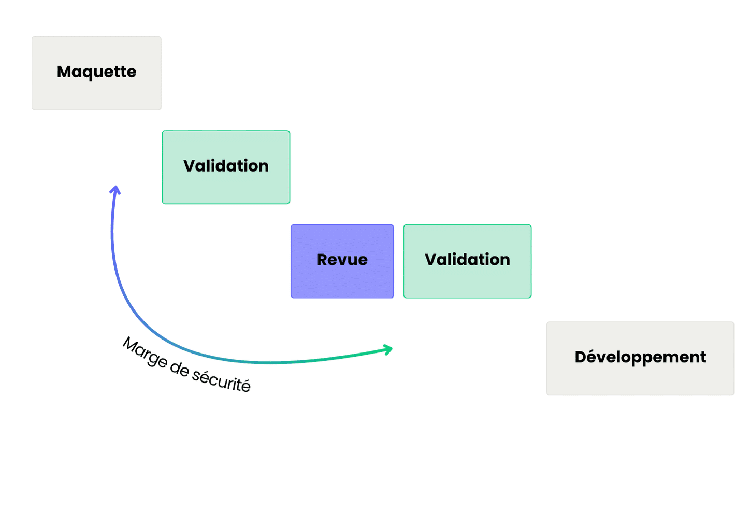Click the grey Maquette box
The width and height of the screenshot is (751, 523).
click(x=96, y=73)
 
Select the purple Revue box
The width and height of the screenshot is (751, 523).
click(x=342, y=261)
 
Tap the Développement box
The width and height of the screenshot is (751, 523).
click(x=640, y=359)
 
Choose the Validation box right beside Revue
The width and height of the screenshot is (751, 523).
click(x=467, y=261)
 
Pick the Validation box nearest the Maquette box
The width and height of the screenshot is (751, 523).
click(x=226, y=167)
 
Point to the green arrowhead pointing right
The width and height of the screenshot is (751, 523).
click(x=387, y=349)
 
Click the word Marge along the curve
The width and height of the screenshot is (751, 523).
click(x=145, y=352)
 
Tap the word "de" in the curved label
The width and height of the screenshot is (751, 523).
click(x=180, y=369)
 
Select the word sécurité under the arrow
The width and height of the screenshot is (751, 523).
click(x=221, y=380)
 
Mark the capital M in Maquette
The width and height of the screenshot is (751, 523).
click(x=64, y=72)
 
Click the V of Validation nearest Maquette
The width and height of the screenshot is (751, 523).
click(x=190, y=166)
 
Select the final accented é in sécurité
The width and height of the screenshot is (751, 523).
click(x=245, y=385)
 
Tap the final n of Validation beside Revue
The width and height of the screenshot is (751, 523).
click(x=504, y=260)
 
